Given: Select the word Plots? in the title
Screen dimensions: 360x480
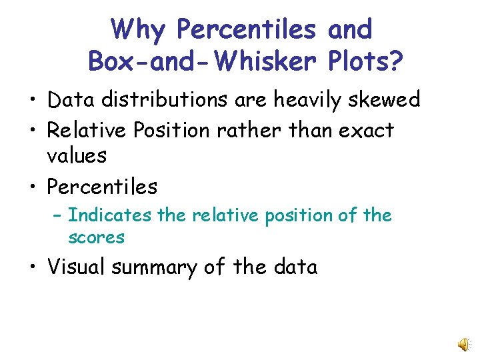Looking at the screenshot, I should (366, 62).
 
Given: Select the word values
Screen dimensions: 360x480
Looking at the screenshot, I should (77, 156).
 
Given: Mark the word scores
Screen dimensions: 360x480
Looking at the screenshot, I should (96, 237).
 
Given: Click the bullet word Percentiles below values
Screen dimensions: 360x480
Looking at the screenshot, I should (102, 187).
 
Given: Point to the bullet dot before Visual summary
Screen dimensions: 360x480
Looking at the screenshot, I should (33, 268).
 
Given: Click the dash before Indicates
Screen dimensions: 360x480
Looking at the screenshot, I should (57, 216).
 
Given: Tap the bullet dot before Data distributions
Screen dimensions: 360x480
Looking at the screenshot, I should (33, 101).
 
